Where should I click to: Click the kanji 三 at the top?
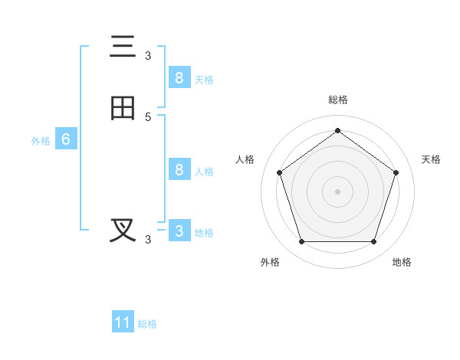[x=123, y=47]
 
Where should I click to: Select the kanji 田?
[x=123, y=109]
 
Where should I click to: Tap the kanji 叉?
[x=123, y=231]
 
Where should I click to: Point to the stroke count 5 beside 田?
[x=148, y=116]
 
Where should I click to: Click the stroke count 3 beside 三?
[x=148, y=55]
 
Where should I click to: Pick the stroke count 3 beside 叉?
[x=148, y=239]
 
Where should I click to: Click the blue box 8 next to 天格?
[x=179, y=77]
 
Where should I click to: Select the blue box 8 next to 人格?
[x=179, y=169]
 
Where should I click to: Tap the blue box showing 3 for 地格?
[x=179, y=231]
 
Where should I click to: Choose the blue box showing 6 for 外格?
[x=66, y=139]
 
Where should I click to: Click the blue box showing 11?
[x=123, y=322]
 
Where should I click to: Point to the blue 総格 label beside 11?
[x=147, y=324]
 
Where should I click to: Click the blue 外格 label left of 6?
[x=41, y=141]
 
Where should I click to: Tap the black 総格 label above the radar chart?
[x=338, y=100]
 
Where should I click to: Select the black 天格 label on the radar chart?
[x=432, y=159]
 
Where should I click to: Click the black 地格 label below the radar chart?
[x=402, y=262]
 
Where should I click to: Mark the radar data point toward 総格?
[x=337, y=131]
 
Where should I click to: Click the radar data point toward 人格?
[x=279, y=172]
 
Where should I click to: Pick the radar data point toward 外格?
[x=301, y=242]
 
